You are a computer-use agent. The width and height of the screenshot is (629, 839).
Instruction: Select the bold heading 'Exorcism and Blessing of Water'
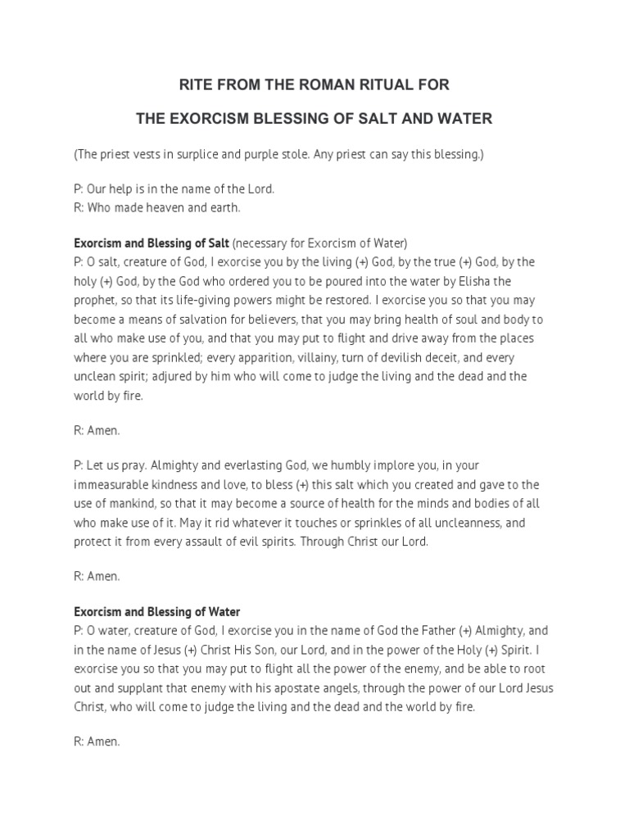(x=157, y=611)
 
